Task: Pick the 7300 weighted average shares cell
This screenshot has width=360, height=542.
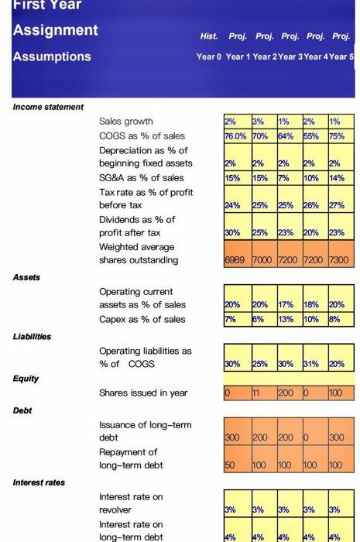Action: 341,260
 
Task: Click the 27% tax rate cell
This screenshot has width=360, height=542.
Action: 341,206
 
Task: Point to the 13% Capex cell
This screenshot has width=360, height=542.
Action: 288,319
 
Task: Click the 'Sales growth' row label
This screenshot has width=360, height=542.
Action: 126,121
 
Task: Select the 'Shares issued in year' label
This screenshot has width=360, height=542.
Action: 143,393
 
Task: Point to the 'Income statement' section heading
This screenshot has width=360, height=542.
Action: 47,106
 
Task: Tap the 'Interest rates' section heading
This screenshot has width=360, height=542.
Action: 39,482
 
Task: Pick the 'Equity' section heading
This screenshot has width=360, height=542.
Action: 25,379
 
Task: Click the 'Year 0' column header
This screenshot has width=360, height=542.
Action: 209,57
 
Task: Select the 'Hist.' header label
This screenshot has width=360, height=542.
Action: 208,36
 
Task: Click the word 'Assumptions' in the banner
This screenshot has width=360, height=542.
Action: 52,57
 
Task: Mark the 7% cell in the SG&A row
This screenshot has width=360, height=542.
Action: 288,177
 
